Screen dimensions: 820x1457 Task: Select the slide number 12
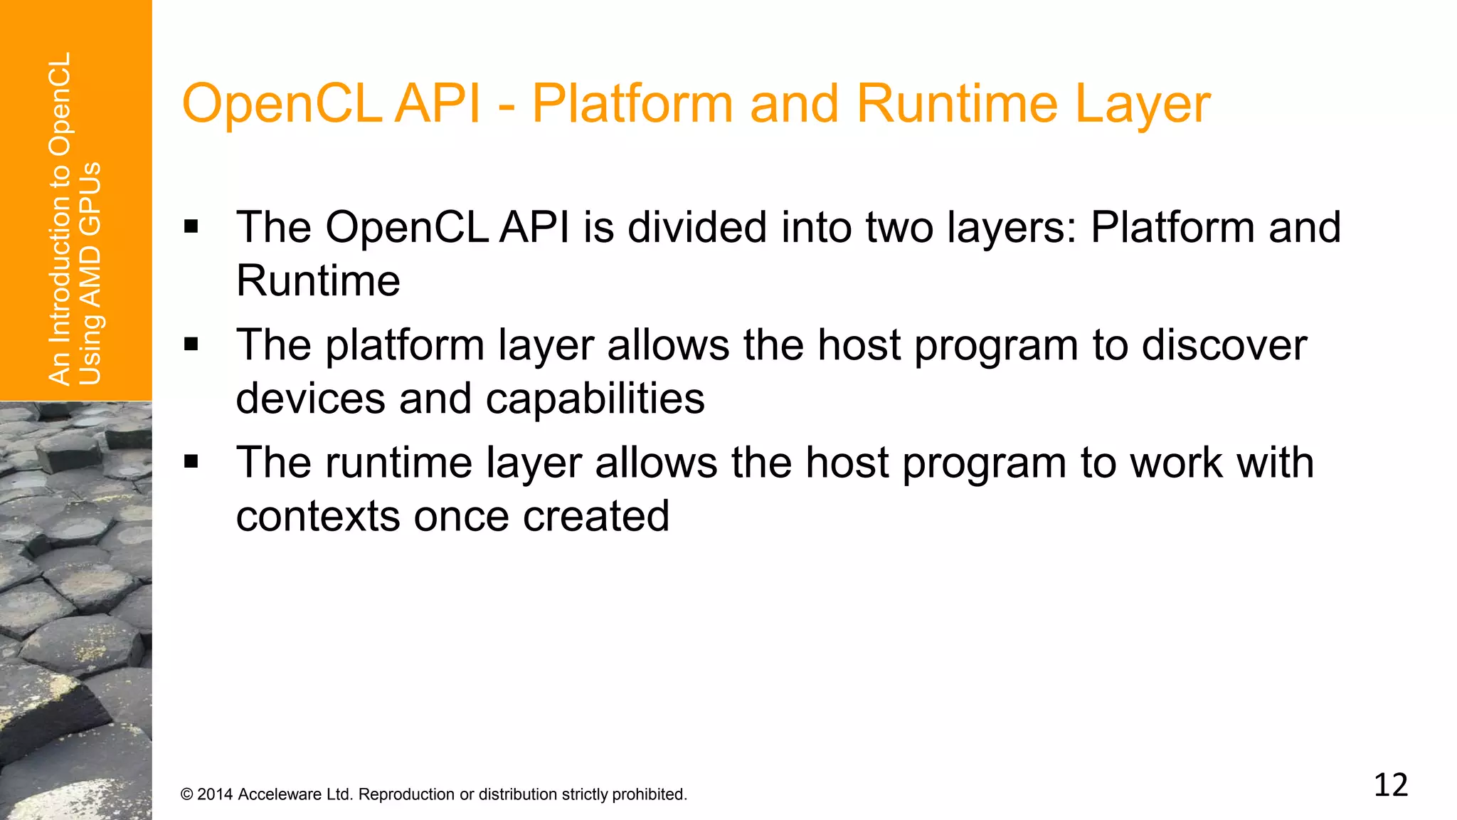[1390, 786]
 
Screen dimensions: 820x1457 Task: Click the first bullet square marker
[191, 228]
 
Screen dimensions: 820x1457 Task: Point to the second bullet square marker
[191, 345]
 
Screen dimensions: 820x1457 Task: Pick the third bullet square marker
[191, 463]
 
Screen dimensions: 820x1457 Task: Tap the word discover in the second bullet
[1224, 345]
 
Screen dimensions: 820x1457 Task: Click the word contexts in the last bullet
[317, 516]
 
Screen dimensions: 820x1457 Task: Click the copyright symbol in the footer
[187, 794]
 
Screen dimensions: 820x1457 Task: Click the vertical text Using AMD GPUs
[90, 274]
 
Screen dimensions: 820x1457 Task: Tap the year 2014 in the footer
[215, 794]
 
